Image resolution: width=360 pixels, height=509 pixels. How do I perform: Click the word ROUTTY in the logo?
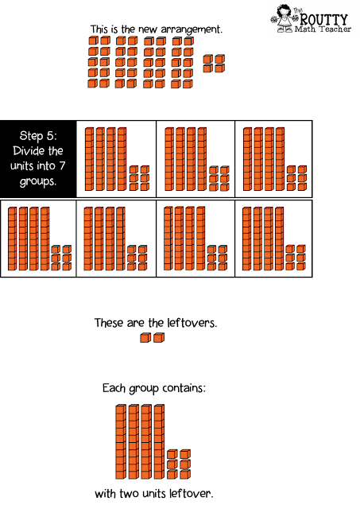(x=323, y=19)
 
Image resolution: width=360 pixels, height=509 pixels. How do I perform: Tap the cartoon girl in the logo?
(x=283, y=18)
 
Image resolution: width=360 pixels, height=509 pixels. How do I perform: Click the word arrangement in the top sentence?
(x=192, y=30)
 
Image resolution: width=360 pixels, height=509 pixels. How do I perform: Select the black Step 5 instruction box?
(x=38, y=159)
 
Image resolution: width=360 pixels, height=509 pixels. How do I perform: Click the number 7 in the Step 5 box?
(x=62, y=166)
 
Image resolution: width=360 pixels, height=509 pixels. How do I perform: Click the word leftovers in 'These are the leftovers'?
(x=192, y=323)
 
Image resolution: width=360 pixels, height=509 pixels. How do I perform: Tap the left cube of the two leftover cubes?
(x=145, y=338)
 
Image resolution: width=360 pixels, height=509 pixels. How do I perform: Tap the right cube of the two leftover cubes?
(x=159, y=338)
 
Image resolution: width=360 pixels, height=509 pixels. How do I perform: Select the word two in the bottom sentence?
(x=129, y=494)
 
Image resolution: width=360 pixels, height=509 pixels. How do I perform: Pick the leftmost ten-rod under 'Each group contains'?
(x=121, y=442)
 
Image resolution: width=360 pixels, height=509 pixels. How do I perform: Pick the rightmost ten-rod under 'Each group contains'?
(x=159, y=442)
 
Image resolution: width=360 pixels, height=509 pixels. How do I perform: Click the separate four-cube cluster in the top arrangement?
(x=214, y=64)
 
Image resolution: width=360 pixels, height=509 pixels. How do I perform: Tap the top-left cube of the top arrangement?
(x=93, y=41)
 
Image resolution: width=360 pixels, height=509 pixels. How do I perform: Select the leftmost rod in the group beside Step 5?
(x=89, y=159)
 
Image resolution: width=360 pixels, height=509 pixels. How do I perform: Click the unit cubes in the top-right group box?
(x=296, y=178)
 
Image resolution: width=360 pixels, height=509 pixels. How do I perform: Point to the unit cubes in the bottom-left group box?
(x=61, y=258)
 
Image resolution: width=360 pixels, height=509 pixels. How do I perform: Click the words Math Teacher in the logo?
(x=323, y=29)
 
